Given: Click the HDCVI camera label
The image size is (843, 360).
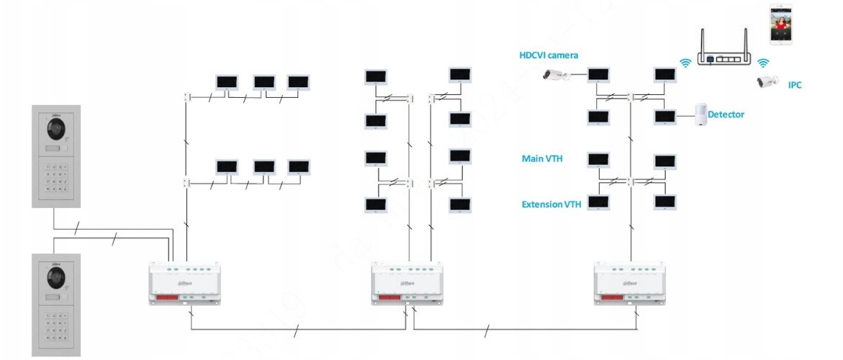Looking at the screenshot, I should [x=549, y=55].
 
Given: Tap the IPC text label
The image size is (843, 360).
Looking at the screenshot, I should [x=795, y=85].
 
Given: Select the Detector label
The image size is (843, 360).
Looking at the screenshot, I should [x=726, y=114].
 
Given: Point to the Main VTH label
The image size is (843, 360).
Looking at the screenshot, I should [x=541, y=158].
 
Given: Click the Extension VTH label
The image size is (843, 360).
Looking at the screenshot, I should [x=551, y=204].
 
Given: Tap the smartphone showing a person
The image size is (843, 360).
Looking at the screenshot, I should [x=780, y=26].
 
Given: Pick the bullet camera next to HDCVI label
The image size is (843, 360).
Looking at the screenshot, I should [x=556, y=74].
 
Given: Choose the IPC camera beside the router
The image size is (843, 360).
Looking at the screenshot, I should [x=767, y=81].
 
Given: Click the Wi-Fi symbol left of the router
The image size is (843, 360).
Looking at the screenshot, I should [x=686, y=63].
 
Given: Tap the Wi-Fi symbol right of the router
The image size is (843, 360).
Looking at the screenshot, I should [x=764, y=63].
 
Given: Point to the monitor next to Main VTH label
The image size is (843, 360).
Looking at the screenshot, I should [x=598, y=160].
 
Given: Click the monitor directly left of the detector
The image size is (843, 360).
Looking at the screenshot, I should [x=664, y=116].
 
